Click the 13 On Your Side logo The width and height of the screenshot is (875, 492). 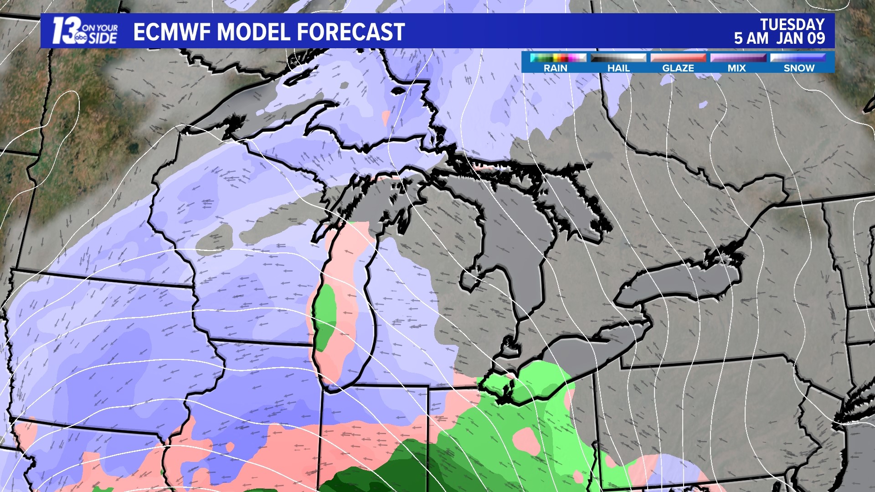tap(85, 31)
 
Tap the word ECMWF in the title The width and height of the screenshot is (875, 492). tap(172, 32)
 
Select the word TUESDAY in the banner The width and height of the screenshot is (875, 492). tap(792, 24)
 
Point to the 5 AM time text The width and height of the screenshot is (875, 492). tap(751, 39)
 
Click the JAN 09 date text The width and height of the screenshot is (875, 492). tap(801, 39)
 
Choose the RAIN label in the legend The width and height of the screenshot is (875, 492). tap(555, 68)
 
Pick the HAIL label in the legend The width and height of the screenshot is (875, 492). tap(618, 68)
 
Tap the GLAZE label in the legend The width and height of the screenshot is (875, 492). tap(678, 68)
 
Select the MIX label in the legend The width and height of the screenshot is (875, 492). tap(736, 68)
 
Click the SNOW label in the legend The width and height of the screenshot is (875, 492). tap(799, 68)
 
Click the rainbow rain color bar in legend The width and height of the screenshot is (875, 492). tap(558, 58)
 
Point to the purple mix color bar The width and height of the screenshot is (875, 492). tap(738, 58)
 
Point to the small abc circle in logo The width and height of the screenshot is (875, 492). tap(81, 39)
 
